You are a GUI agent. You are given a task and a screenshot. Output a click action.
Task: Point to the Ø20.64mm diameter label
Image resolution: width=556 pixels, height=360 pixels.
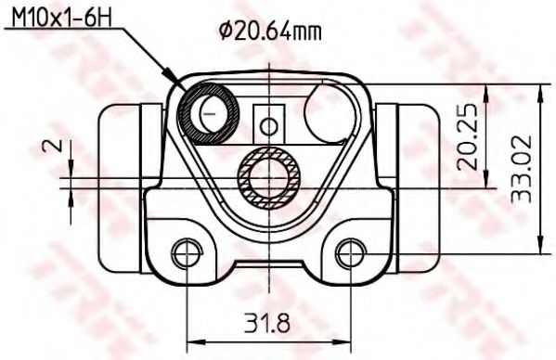tap(271, 32)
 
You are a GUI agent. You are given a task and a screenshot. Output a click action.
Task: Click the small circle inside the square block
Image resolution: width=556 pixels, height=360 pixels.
tap(269, 124)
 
